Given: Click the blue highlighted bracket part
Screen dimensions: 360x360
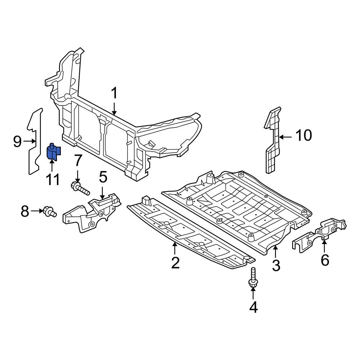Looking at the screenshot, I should pyautogui.click(x=54, y=153).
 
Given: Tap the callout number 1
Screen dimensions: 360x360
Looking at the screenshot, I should pyautogui.click(x=114, y=94).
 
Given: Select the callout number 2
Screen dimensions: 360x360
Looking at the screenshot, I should pyautogui.click(x=175, y=263).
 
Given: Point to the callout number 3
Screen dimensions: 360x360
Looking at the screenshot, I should pyautogui.click(x=276, y=266).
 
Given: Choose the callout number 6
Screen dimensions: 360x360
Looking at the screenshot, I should pyautogui.click(x=325, y=260).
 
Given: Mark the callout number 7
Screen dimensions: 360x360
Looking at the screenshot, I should pyautogui.click(x=78, y=161).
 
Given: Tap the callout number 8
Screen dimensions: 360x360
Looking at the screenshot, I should pyautogui.click(x=24, y=211).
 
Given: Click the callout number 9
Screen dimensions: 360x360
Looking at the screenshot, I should pyautogui.click(x=17, y=141).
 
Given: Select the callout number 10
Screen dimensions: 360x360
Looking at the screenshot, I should pyautogui.click(x=303, y=136).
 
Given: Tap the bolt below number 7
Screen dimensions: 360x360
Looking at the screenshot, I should pyautogui.click(x=80, y=188).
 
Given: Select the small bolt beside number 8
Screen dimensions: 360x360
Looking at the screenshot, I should pyautogui.click(x=49, y=212).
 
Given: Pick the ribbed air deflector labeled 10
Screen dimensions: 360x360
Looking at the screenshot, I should pyautogui.click(x=273, y=140).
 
